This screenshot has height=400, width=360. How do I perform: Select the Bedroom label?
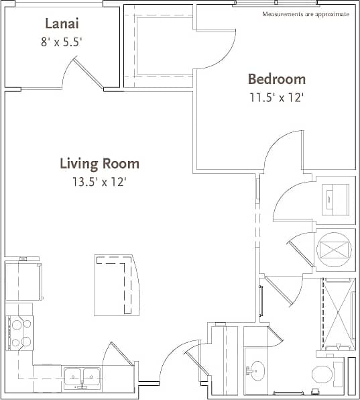tap(276, 79)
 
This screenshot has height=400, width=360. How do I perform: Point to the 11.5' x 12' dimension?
tap(276, 97)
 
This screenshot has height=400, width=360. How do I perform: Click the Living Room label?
tap(99, 163)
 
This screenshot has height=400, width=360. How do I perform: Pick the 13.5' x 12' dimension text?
tap(99, 181)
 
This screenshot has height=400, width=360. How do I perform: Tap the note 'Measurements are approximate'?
tap(306, 14)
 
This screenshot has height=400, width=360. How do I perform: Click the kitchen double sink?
tap(82, 376)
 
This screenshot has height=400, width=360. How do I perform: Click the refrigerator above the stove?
tap(22, 281)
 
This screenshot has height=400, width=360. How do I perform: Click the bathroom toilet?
tap(323, 374)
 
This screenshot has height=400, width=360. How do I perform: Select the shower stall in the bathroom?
tap(337, 314)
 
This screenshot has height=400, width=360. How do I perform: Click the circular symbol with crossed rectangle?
tap(333, 248)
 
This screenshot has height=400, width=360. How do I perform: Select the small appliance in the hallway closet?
tap(333, 197)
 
